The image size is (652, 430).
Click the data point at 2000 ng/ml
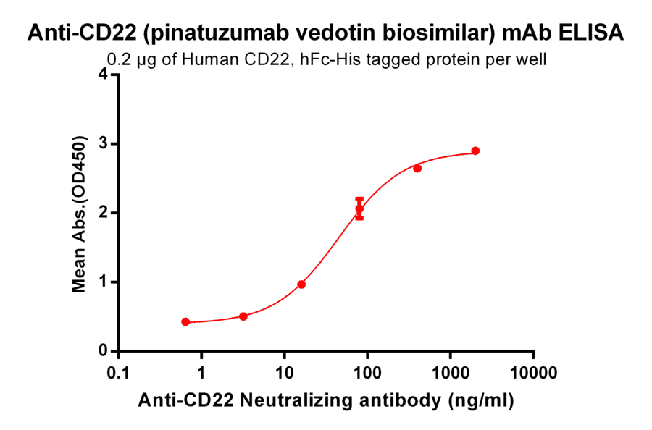pos(475,151)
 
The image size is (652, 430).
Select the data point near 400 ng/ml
pos(417,168)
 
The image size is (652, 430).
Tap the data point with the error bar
pos(359,208)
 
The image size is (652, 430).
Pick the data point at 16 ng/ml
pos(301,284)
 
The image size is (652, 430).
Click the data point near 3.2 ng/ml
pos(243,316)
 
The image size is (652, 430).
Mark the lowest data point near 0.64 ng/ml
pos(185,321)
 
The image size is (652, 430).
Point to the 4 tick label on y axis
pos(104,75)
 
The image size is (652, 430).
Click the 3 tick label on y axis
pos(104,143)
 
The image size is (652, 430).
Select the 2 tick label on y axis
pos(104,213)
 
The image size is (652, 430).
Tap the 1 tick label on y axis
pos(104,282)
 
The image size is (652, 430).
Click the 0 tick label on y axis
pos(104,351)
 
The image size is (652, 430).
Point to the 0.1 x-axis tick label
pos(119,374)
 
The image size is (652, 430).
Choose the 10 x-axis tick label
pos(285,374)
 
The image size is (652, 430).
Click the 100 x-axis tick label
pos(367,374)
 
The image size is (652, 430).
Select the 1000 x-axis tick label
pos(451,374)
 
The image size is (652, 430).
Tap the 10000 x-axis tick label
pos(533,374)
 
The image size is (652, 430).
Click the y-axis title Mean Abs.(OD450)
pos(80,213)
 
